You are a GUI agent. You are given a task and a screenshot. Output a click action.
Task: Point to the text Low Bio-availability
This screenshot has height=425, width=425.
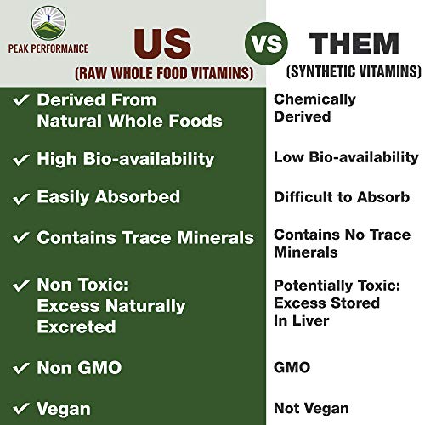click(x=345, y=157)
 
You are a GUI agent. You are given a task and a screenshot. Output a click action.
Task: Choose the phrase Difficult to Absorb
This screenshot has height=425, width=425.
click(x=340, y=197)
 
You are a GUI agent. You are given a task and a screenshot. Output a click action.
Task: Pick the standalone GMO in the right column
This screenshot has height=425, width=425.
click(x=292, y=368)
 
